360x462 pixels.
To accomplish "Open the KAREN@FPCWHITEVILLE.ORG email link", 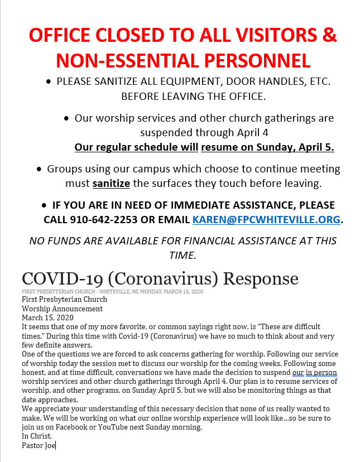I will pyautogui.click(x=266, y=219).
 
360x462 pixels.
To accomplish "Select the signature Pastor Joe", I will pyautogui.click(x=39, y=445).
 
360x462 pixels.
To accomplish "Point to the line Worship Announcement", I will pyautogui.click(x=62, y=309).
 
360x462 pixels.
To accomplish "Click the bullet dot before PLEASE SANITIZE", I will pyautogui.click(x=50, y=82).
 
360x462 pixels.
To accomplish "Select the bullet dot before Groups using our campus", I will pyautogui.click(x=39, y=169).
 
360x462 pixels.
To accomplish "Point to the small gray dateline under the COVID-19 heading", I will pyautogui.click(x=112, y=291).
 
